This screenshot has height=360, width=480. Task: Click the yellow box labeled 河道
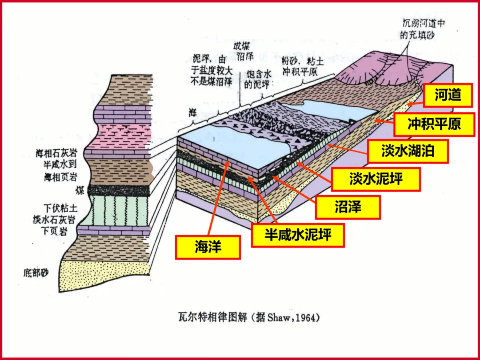[x=448, y=96]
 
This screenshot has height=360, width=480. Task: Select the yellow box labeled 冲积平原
[x=434, y=124]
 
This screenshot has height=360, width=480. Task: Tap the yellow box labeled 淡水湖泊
[x=407, y=151]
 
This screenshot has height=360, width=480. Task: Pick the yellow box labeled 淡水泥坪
[x=376, y=179]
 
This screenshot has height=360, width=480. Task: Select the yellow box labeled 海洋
[x=208, y=247]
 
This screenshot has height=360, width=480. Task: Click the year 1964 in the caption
[x=307, y=318]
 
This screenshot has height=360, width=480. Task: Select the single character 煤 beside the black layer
[x=80, y=191]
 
